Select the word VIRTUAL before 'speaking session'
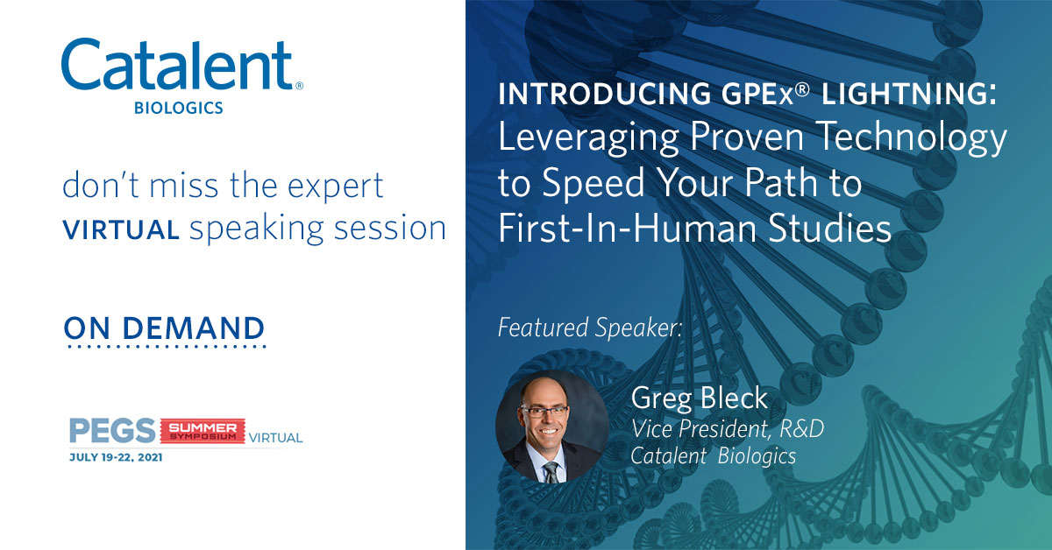point(121,229)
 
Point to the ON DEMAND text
point(165,328)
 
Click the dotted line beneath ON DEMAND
point(165,347)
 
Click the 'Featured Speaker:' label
point(589,328)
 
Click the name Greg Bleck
point(699,399)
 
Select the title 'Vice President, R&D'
point(727,429)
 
